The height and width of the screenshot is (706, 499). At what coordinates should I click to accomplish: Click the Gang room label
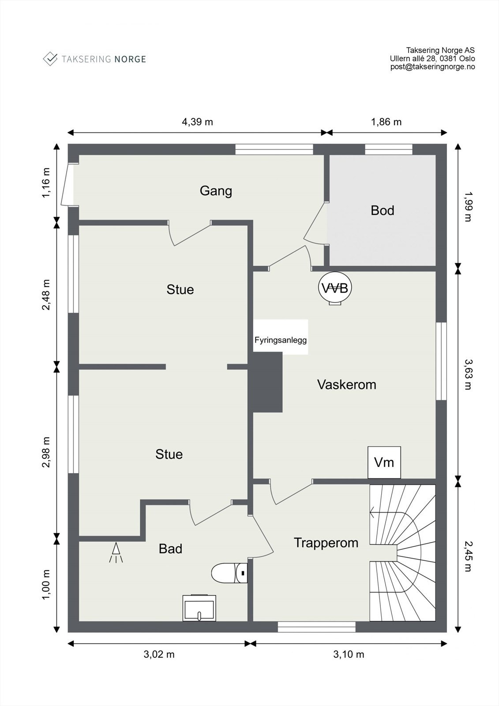(216, 191)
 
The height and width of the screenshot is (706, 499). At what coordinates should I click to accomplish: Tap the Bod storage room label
(383, 210)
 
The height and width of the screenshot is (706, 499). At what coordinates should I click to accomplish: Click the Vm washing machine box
(384, 462)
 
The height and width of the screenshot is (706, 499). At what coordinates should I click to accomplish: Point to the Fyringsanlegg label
(281, 340)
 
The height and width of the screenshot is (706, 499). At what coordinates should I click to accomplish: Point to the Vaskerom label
(347, 385)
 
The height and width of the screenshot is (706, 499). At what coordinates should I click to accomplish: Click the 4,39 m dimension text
(197, 122)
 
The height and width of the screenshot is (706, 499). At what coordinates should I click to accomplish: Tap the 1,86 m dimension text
(386, 122)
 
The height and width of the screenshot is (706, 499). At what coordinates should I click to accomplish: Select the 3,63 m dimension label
(468, 375)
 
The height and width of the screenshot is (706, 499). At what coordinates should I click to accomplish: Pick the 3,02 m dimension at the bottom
(159, 654)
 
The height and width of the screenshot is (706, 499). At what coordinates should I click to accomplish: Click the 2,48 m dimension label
(46, 295)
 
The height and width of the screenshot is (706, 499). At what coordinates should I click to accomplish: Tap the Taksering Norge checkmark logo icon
(50, 59)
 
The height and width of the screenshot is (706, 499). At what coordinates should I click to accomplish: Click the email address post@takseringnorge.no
(432, 67)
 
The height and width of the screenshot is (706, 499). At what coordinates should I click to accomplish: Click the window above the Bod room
(389, 150)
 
